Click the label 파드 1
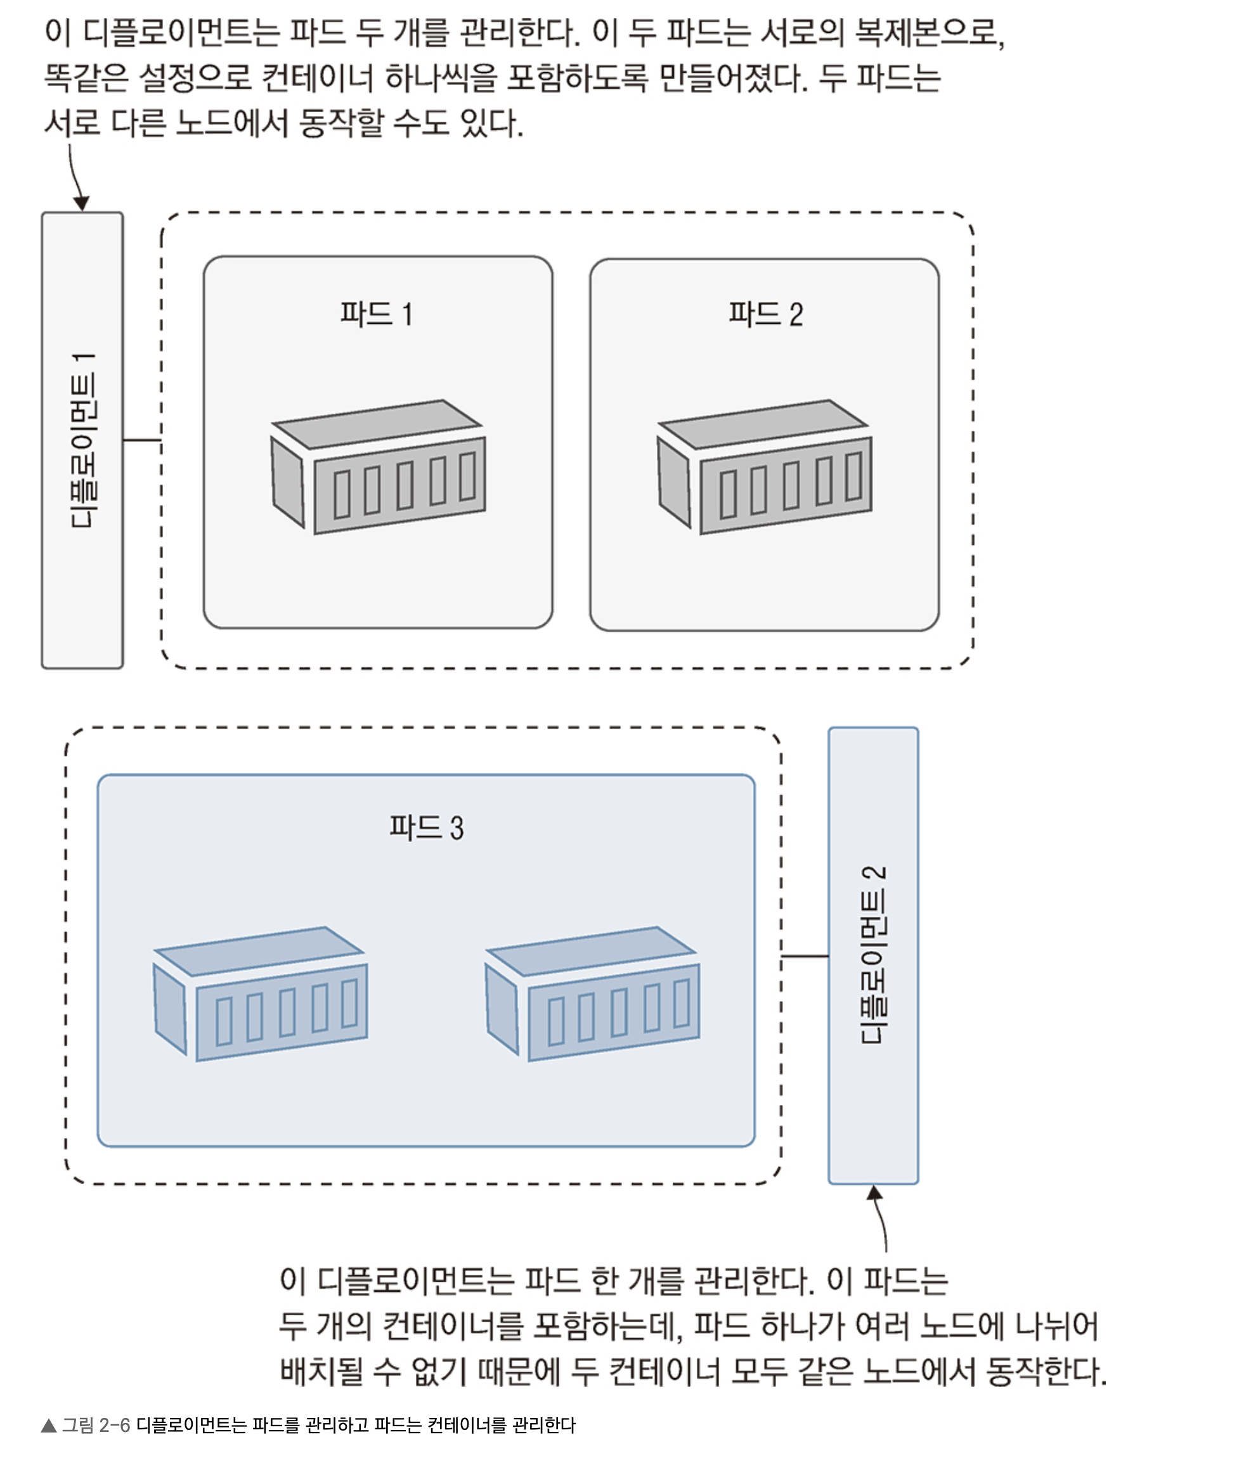click(377, 314)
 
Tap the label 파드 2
click(765, 314)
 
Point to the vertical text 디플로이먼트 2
click(874, 955)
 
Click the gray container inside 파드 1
click(378, 466)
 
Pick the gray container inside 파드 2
click(764, 466)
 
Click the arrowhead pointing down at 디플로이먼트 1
click(81, 203)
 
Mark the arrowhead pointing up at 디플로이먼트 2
click(874, 1192)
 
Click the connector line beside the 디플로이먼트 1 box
click(142, 440)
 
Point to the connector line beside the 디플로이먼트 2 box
click(805, 956)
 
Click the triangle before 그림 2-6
click(49, 1426)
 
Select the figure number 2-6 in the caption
click(114, 1426)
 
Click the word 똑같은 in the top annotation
click(86, 77)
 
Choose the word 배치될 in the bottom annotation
click(321, 1372)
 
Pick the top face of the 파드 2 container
click(763, 424)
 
